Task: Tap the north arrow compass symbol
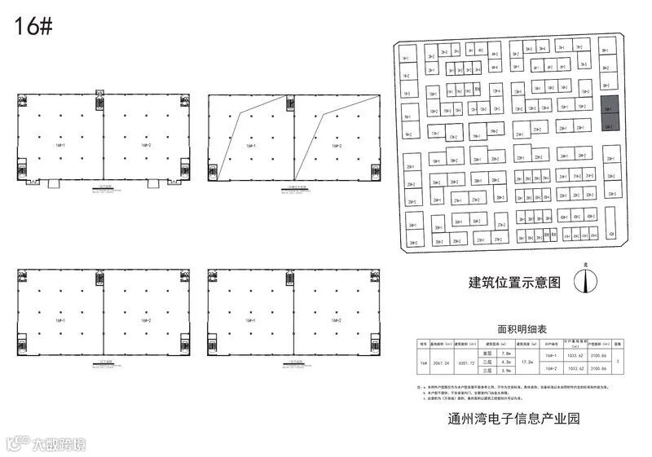click(583, 280)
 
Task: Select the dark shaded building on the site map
click(609, 114)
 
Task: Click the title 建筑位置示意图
click(515, 283)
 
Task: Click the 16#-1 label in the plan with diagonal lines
click(250, 147)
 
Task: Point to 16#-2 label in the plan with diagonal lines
click(337, 147)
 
